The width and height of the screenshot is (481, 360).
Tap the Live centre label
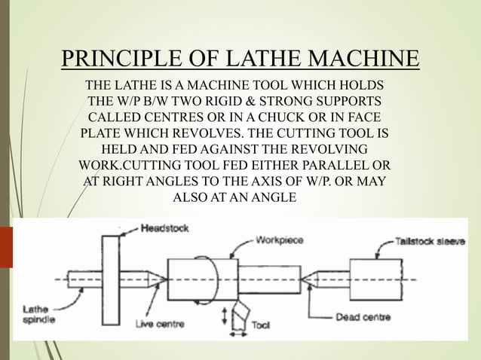tap(163, 325)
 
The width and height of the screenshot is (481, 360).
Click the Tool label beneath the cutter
tap(261, 325)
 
